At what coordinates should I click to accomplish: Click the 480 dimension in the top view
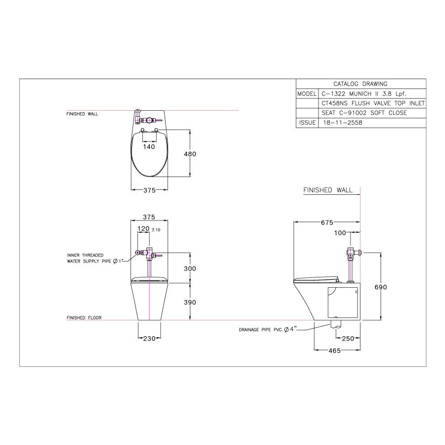point(190,154)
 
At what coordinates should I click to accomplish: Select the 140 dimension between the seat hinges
point(149,146)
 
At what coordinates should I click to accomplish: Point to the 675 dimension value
point(327,222)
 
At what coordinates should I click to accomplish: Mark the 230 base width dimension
point(149,338)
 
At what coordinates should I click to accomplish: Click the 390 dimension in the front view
point(190,302)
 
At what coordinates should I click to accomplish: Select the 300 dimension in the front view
point(190,268)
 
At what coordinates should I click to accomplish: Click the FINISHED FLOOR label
point(84,318)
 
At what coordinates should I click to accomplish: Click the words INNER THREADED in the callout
point(85,255)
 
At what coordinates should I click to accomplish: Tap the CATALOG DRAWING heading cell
point(360,84)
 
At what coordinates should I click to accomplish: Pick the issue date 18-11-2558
point(342,123)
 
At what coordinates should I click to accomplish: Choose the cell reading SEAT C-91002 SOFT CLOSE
point(357,113)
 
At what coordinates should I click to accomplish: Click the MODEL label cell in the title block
point(307,93)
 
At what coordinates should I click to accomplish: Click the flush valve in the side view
point(352,253)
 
